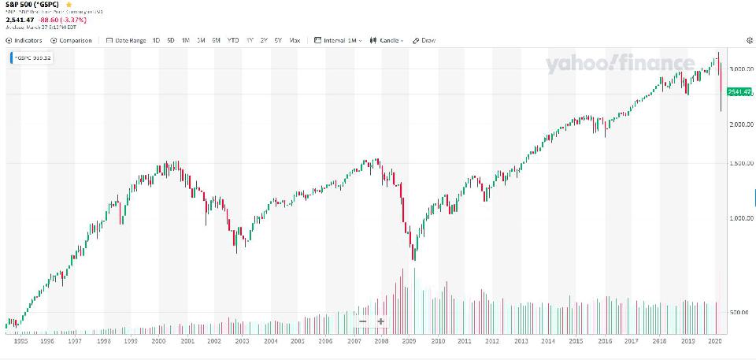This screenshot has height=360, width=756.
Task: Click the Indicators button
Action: [24, 40]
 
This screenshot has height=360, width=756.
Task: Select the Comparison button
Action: [72, 40]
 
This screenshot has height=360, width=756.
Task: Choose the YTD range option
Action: [233, 40]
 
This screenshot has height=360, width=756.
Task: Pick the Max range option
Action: [295, 40]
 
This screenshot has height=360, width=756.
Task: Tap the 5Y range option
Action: [278, 40]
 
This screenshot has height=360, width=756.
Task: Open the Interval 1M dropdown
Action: [338, 40]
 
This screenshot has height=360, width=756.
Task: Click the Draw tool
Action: [424, 40]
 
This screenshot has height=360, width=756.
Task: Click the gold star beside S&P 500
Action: [69, 5]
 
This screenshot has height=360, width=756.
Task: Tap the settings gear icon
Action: [749, 40]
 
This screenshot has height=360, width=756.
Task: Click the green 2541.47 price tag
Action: [740, 92]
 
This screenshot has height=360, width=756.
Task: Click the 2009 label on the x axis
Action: [409, 342]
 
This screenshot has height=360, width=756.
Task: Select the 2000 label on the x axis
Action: [158, 342]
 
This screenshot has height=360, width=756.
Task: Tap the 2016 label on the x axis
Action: [604, 342]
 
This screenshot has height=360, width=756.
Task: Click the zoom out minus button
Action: [362, 321]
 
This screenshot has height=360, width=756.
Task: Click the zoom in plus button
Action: [381, 321]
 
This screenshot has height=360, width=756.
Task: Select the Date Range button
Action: [127, 40]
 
